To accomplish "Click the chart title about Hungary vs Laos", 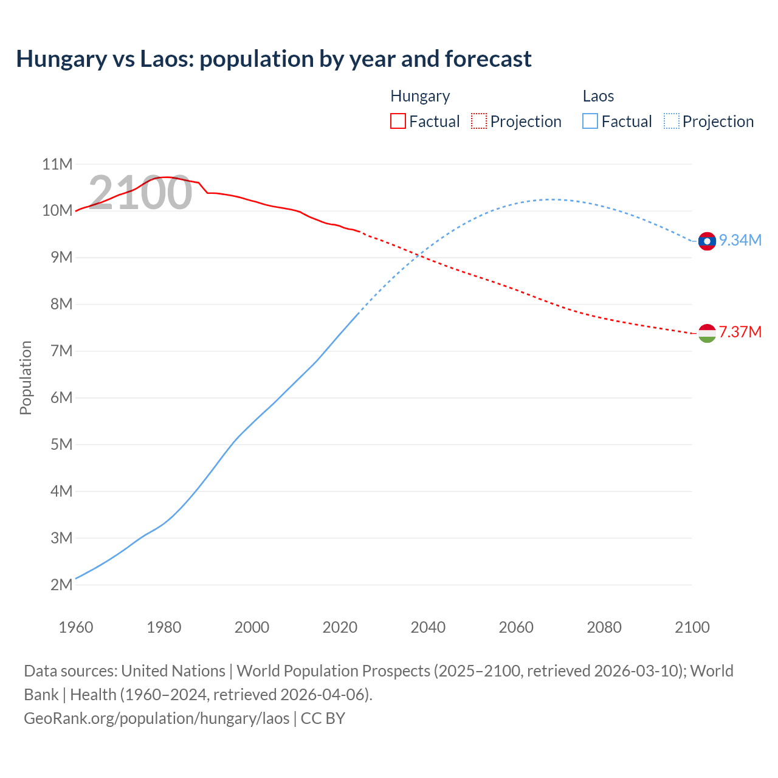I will point(274,59).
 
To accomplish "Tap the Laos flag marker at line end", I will point(707,241).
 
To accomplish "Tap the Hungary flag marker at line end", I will point(707,333).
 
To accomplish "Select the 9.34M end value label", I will point(740,241).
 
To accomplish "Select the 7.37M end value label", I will point(740,332).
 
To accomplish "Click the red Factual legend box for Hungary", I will point(398,121).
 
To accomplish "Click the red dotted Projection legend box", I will point(479,121).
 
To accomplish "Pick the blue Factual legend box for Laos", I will point(590,121).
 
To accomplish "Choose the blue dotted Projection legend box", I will point(672,121).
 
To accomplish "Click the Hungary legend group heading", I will point(420,96).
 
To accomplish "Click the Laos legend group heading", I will point(598,96).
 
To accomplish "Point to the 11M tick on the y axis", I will point(58,164).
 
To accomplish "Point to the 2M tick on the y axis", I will point(61,585).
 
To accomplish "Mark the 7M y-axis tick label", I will point(61,351).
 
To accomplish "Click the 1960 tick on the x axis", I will point(76,627).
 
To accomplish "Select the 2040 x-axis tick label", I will point(428,627).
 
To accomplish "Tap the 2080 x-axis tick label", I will point(604,627).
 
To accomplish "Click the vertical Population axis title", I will point(26,377).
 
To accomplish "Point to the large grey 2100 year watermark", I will point(140,193).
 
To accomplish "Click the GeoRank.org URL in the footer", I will point(157,718).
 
